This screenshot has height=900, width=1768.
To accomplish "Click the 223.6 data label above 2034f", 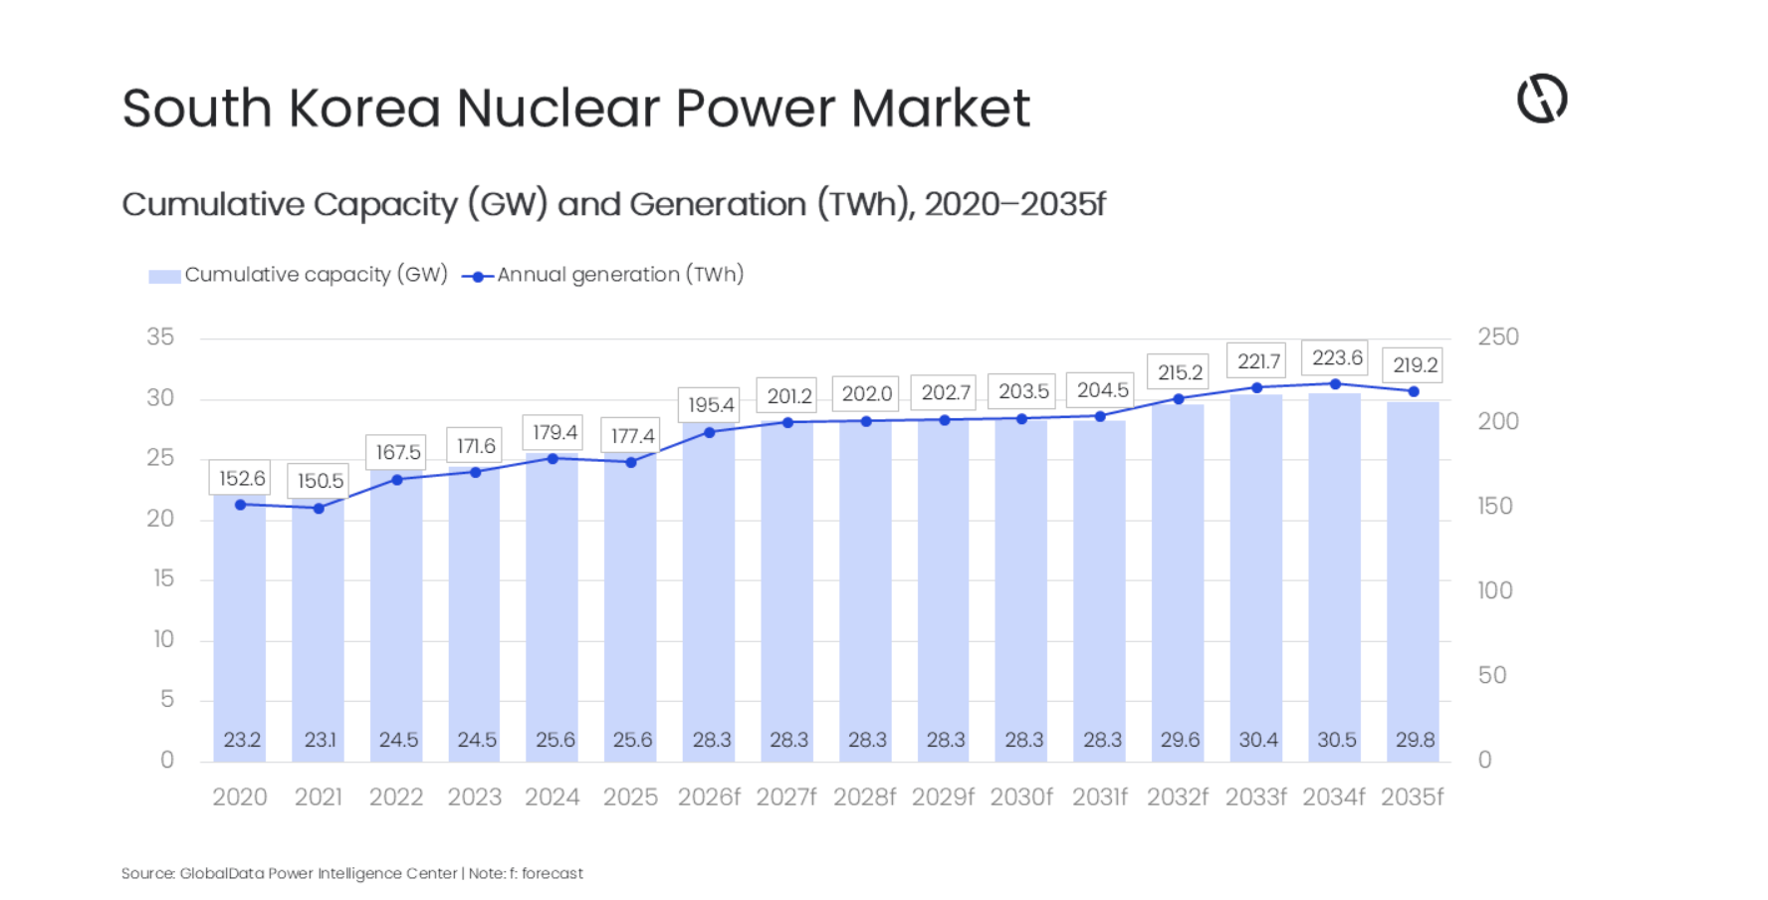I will coord(1336,357).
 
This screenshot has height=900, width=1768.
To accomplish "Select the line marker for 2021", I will coord(319,508).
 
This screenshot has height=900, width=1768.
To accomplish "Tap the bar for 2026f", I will coord(710,597).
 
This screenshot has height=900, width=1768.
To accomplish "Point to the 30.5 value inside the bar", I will coord(1336,740).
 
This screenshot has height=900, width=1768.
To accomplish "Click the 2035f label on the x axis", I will coord(1412,797).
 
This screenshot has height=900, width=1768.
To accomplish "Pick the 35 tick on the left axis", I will coord(160,337).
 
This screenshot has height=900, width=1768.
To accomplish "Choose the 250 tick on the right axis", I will coord(1497,337).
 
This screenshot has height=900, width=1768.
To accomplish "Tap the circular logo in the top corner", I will coord(1542,99).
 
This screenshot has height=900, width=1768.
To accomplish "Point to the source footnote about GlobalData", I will coord(351,873).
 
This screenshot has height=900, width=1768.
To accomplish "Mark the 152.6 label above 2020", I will coord(242,478).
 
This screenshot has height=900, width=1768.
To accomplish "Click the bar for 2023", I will coord(475,617).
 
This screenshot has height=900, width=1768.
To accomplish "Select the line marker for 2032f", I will coord(1179,398).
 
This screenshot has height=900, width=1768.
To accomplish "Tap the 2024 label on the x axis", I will coord(552,797).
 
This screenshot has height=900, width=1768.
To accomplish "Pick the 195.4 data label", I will coord(710,405).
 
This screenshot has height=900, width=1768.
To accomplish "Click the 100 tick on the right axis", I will coord(1494,591).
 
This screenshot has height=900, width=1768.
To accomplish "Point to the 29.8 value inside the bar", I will coord(1414,740).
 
